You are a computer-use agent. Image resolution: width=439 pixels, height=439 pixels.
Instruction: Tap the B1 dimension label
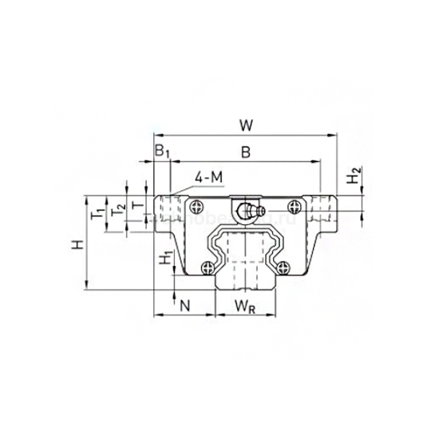pos(161,152)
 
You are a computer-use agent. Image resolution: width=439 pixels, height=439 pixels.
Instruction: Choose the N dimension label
pos(184,304)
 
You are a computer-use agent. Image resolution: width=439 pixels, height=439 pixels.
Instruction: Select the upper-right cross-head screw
pos(296,206)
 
